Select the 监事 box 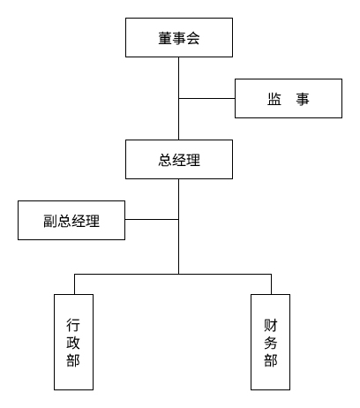click(x=288, y=98)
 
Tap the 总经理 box click(x=179, y=160)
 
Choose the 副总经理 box click(x=71, y=220)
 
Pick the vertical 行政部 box click(x=73, y=342)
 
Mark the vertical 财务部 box click(x=270, y=342)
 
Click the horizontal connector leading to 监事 click(x=206, y=98)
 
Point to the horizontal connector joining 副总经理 click(x=152, y=220)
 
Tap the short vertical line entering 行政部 click(x=73, y=284)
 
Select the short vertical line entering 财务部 click(x=270, y=284)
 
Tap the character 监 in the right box click(x=274, y=99)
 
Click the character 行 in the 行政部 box click(x=73, y=324)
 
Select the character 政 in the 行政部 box click(x=73, y=343)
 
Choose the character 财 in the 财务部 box click(x=270, y=324)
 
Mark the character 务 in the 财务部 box click(x=270, y=343)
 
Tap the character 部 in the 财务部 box click(x=270, y=360)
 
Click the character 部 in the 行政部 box click(x=73, y=360)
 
